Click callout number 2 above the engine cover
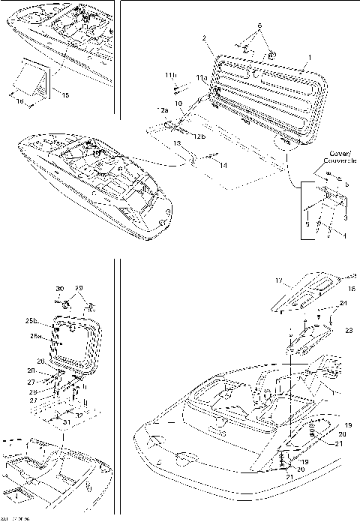pyautogui.click(x=204, y=37)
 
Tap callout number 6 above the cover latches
pyautogui.click(x=260, y=25)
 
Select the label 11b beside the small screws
pyautogui.click(x=170, y=76)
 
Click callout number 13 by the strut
pyautogui.click(x=176, y=142)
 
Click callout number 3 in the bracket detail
pyautogui.click(x=345, y=217)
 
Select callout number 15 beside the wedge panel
pyautogui.click(x=64, y=95)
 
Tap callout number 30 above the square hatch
pyautogui.click(x=60, y=289)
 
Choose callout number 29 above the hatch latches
pyautogui.click(x=81, y=289)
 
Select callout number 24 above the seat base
pyautogui.click(x=343, y=304)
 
